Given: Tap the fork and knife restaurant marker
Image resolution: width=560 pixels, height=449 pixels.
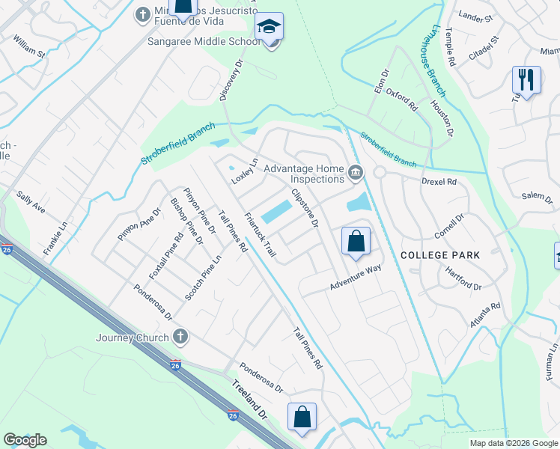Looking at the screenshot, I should (526, 79).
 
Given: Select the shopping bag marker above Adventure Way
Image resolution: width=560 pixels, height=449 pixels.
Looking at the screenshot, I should (356, 241).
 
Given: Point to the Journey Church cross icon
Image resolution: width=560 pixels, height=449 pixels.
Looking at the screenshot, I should (180, 337).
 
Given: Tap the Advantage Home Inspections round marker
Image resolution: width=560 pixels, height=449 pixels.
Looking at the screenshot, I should (356, 174).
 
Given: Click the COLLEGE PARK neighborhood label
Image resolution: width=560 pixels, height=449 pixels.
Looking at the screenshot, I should (440, 255).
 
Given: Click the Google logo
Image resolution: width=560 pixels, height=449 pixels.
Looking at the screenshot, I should (25, 440).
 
